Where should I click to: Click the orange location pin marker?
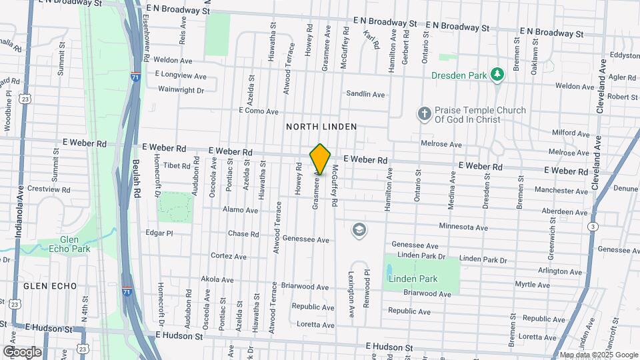(x=321, y=159)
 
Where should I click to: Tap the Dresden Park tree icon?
(x=496, y=75)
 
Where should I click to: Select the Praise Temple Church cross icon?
(x=423, y=114)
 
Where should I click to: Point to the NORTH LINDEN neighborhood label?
(x=321, y=127)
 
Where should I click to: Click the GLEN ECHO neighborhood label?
(x=50, y=285)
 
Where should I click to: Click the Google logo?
(x=21, y=352)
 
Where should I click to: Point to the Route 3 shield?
(x=592, y=227)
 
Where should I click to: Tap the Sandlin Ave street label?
(x=365, y=95)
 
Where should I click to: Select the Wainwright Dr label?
(x=180, y=89)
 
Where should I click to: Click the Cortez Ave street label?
(x=229, y=256)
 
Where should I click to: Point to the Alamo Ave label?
(x=241, y=210)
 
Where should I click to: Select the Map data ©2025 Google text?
(x=598, y=355)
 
